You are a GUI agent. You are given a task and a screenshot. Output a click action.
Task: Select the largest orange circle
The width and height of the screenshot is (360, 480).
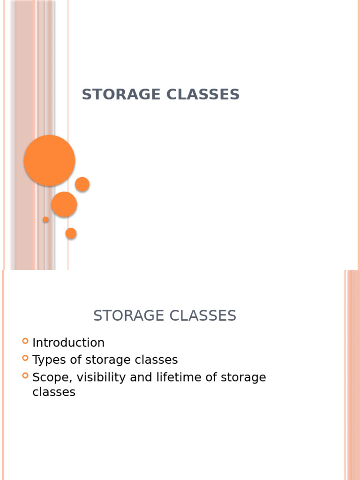coord(49,160)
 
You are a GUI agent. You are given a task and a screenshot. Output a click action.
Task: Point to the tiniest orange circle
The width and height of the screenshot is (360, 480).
coord(45,219)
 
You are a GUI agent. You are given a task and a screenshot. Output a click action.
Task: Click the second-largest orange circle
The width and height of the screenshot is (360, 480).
coord(64,204)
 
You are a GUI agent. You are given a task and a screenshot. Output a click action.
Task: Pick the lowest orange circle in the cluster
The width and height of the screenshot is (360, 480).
coord(71,233)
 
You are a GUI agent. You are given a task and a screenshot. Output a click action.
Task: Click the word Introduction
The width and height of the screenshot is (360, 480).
coord(68,343)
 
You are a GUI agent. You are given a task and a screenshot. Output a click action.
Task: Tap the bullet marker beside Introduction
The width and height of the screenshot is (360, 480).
coord(25,341)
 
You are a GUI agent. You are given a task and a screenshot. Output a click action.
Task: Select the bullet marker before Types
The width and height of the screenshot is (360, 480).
coord(25,358)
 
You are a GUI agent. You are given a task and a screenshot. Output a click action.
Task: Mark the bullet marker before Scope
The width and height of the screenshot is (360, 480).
coord(25,375)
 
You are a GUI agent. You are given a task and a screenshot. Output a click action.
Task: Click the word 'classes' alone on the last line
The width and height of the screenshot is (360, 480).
coord(54,392)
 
